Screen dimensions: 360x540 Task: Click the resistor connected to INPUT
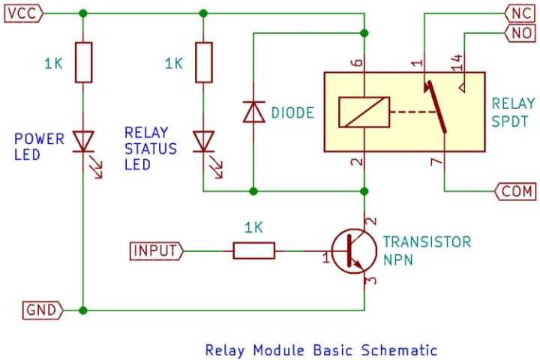pyautogui.click(x=253, y=251)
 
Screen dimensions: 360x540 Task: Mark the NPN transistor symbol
pyautogui.click(x=351, y=251)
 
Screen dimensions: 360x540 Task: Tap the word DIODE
pyautogui.click(x=292, y=113)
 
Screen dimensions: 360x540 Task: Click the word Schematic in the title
pyautogui.click(x=398, y=349)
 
